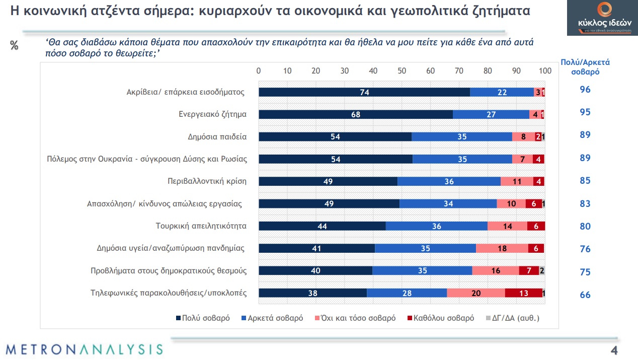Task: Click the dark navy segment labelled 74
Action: pyautogui.click(x=364, y=92)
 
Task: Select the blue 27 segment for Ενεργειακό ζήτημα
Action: pyautogui.click(x=491, y=114)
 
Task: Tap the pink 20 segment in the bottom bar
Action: pyautogui.click(x=476, y=294)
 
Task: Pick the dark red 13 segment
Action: pyautogui.click(x=523, y=294)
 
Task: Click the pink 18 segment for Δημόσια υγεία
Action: pyautogui.click(x=502, y=248)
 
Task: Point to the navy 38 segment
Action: pyautogui.click(x=312, y=294)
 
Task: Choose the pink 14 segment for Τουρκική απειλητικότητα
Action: pyautogui.click(x=507, y=226)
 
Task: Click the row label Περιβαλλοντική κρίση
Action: pyautogui.click(x=207, y=181)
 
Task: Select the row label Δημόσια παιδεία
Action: pyautogui.click(x=217, y=136)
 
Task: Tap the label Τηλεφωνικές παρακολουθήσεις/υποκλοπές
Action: pyautogui.click(x=169, y=293)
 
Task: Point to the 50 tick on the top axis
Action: pyautogui.click(x=402, y=71)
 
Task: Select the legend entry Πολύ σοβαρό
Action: pyautogui.click(x=202, y=318)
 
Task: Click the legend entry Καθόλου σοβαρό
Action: pyautogui.click(x=439, y=318)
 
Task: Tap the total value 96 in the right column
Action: pyautogui.click(x=585, y=90)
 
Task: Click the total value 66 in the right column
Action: pyautogui.click(x=585, y=295)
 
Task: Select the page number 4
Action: pyautogui.click(x=614, y=350)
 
